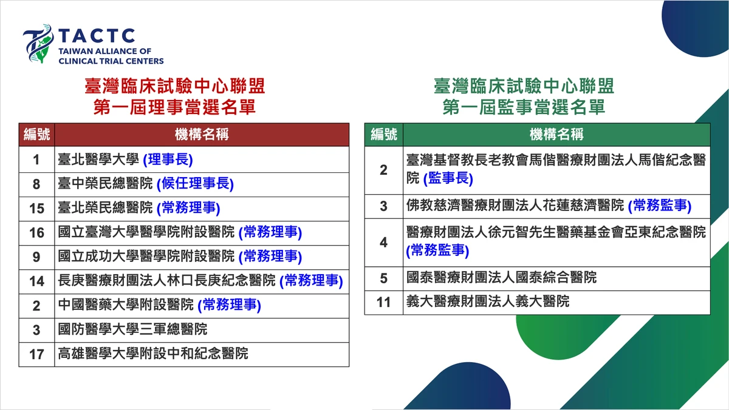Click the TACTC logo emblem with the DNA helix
click(38, 44)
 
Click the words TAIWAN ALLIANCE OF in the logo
click(104, 52)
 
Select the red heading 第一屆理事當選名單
click(175, 107)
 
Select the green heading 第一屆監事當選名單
click(524, 107)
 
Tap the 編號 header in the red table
click(37, 135)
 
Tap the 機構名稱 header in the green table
click(556, 135)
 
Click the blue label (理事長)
click(168, 160)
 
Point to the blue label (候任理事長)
click(195, 184)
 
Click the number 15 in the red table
click(36, 209)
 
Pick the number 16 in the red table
click(36, 233)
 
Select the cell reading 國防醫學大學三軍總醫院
click(132, 329)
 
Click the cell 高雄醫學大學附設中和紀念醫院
click(153, 354)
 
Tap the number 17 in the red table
click(36, 354)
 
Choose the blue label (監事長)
click(448, 178)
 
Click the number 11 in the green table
click(383, 303)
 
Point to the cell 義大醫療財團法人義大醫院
click(488, 301)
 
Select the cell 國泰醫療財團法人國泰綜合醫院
click(502, 277)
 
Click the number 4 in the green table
click(384, 243)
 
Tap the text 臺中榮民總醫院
click(105, 184)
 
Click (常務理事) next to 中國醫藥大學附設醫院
click(230, 305)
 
